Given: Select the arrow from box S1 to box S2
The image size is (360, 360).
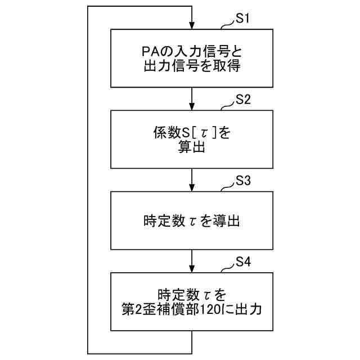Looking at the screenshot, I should click(x=192, y=98).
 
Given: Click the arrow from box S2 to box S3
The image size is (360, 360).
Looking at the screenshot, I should click(x=192, y=180).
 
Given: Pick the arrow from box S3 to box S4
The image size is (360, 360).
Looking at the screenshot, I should click(x=192, y=261).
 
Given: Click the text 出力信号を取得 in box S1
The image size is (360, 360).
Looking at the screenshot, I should click(x=192, y=66).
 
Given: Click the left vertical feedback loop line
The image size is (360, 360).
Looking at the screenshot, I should click(x=88, y=180).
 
